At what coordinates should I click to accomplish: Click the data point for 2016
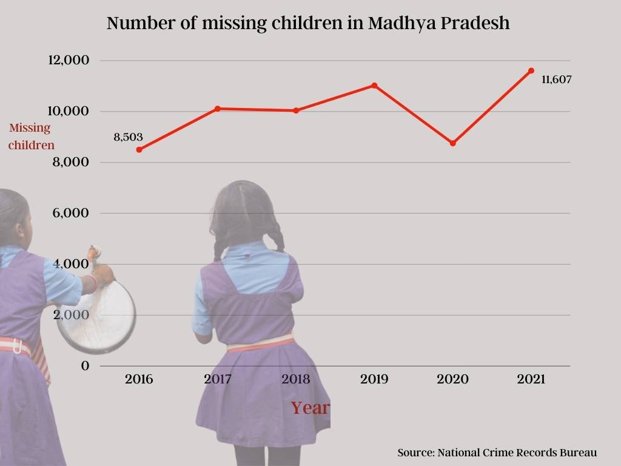[139, 149]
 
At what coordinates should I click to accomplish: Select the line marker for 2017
[217, 109]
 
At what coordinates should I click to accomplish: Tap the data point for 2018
[296, 110]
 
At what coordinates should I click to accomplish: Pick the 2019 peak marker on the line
[374, 86]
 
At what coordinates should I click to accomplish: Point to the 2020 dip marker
[452, 143]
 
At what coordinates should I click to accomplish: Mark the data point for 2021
[531, 70]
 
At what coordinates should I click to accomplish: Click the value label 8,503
[129, 137]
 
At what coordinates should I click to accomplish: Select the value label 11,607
[557, 79]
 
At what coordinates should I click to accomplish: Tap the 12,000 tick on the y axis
[69, 60]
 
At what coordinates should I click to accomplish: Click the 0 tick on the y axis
[86, 366]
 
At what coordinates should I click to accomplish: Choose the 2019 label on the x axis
[374, 380]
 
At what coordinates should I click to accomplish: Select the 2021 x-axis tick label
[531, 380]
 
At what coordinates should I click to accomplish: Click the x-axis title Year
[310, 408]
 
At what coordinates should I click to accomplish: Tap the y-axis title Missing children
[31, 137]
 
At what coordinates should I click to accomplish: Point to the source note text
[497, 453]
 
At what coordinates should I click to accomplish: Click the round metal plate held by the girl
[97, 316]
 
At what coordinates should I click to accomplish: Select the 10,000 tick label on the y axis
[69, 111]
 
